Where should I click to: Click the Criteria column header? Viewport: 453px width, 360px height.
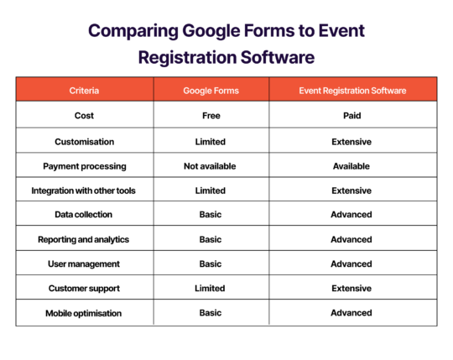84,90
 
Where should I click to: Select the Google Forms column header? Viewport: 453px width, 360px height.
210,90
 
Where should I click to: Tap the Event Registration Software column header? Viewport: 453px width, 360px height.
351,90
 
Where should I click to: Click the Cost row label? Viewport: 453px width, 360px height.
84,115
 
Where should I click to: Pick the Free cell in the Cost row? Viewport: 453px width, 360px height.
210,115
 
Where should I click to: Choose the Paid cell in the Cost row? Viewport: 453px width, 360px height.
351,115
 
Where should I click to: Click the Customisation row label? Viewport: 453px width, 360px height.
84,142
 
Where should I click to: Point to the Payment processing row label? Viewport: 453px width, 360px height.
84,166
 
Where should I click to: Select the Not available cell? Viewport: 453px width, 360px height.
210,166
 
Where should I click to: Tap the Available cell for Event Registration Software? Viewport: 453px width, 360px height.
351,166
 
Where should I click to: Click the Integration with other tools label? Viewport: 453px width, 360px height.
84,190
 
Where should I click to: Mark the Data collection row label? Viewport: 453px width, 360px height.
84,215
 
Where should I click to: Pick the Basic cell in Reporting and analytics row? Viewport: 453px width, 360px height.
210,239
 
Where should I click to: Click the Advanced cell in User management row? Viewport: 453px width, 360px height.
351,263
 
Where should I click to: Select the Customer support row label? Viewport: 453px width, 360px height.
84,288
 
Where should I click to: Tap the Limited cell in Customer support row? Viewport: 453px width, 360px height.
210,288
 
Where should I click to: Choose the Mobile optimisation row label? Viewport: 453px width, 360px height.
84,313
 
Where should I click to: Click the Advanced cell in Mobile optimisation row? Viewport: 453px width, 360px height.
351,313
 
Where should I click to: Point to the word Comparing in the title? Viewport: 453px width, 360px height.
128,32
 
